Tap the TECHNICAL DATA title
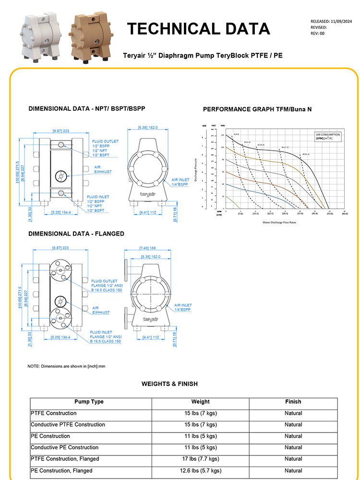tap(198, 29)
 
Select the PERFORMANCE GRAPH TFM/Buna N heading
tap(257, 109)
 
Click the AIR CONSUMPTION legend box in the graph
tap(328, 136)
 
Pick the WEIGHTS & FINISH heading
tap(169, 384)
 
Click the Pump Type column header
tap(89, 402)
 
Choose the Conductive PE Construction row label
tap(64, 448)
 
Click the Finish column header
tap(293, 402)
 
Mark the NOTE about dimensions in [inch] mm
tap(66, 366)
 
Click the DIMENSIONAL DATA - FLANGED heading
tap(76, 234)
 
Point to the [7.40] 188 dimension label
tap(148, 249)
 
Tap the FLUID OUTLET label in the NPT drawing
tap(105, 142)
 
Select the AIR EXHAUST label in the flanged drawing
tap(101, 310)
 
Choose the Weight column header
tap(201, 402)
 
